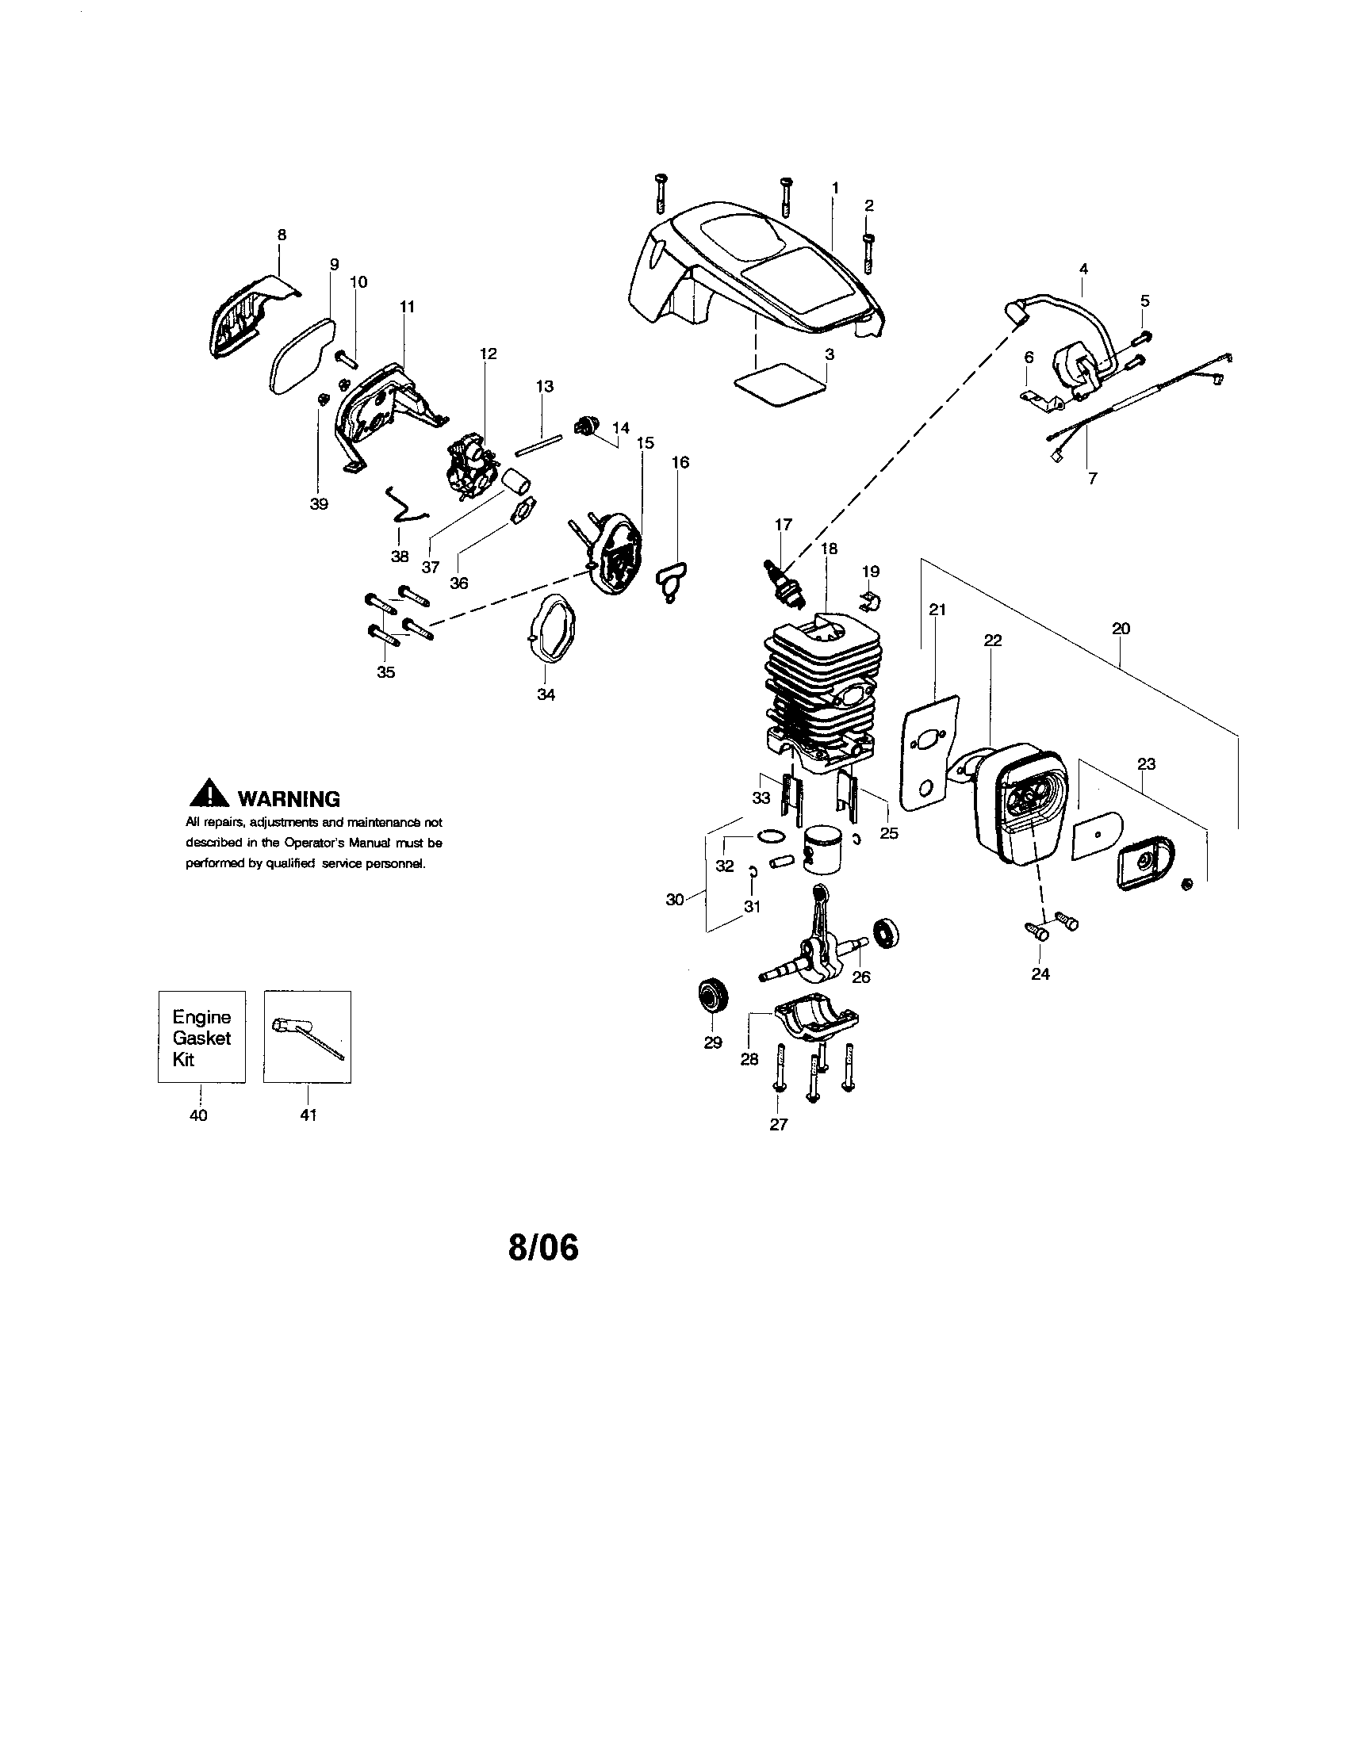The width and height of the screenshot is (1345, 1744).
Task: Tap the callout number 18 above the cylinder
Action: [828, 549]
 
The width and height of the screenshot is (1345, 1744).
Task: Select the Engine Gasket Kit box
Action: [201, 1037]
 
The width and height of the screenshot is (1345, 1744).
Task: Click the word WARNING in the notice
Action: [289, 798]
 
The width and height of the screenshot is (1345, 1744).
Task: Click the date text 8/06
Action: [543, 1247]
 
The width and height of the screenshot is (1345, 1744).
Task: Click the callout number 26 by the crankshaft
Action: [860, 977]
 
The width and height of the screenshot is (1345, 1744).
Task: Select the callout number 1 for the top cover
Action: [834, 187]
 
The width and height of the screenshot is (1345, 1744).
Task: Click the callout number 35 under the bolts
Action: [385, 671]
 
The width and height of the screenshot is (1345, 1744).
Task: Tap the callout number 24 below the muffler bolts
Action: [1040, 973]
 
